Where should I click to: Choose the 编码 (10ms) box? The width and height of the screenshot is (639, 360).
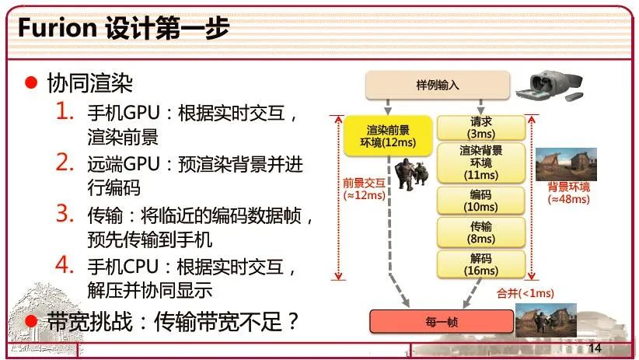(480, 200)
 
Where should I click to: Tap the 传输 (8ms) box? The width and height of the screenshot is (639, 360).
(480, 231)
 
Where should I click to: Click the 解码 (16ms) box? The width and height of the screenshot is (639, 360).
(480, 264)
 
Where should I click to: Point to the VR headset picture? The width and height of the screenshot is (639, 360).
(551, 88)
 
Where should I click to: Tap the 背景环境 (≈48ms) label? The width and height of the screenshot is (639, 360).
(568, 193)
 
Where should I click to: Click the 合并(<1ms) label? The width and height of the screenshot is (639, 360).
(526, 293)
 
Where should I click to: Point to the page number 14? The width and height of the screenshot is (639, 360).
(596, 347)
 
